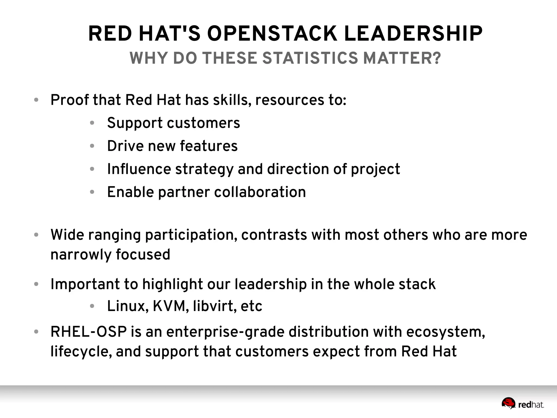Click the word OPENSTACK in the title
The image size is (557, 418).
tap(272, 34)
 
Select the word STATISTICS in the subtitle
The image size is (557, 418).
tap(310, 58)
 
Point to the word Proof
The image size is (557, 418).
tap(70, 100)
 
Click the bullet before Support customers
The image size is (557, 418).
tap(92, 123)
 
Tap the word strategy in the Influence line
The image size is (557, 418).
tap(204, 169)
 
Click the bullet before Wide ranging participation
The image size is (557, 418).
tap(36, 235)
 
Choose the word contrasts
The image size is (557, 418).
tap(274, 235)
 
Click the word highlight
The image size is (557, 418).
tap(172, 284)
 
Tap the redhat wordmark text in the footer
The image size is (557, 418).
tap(531, 405)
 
